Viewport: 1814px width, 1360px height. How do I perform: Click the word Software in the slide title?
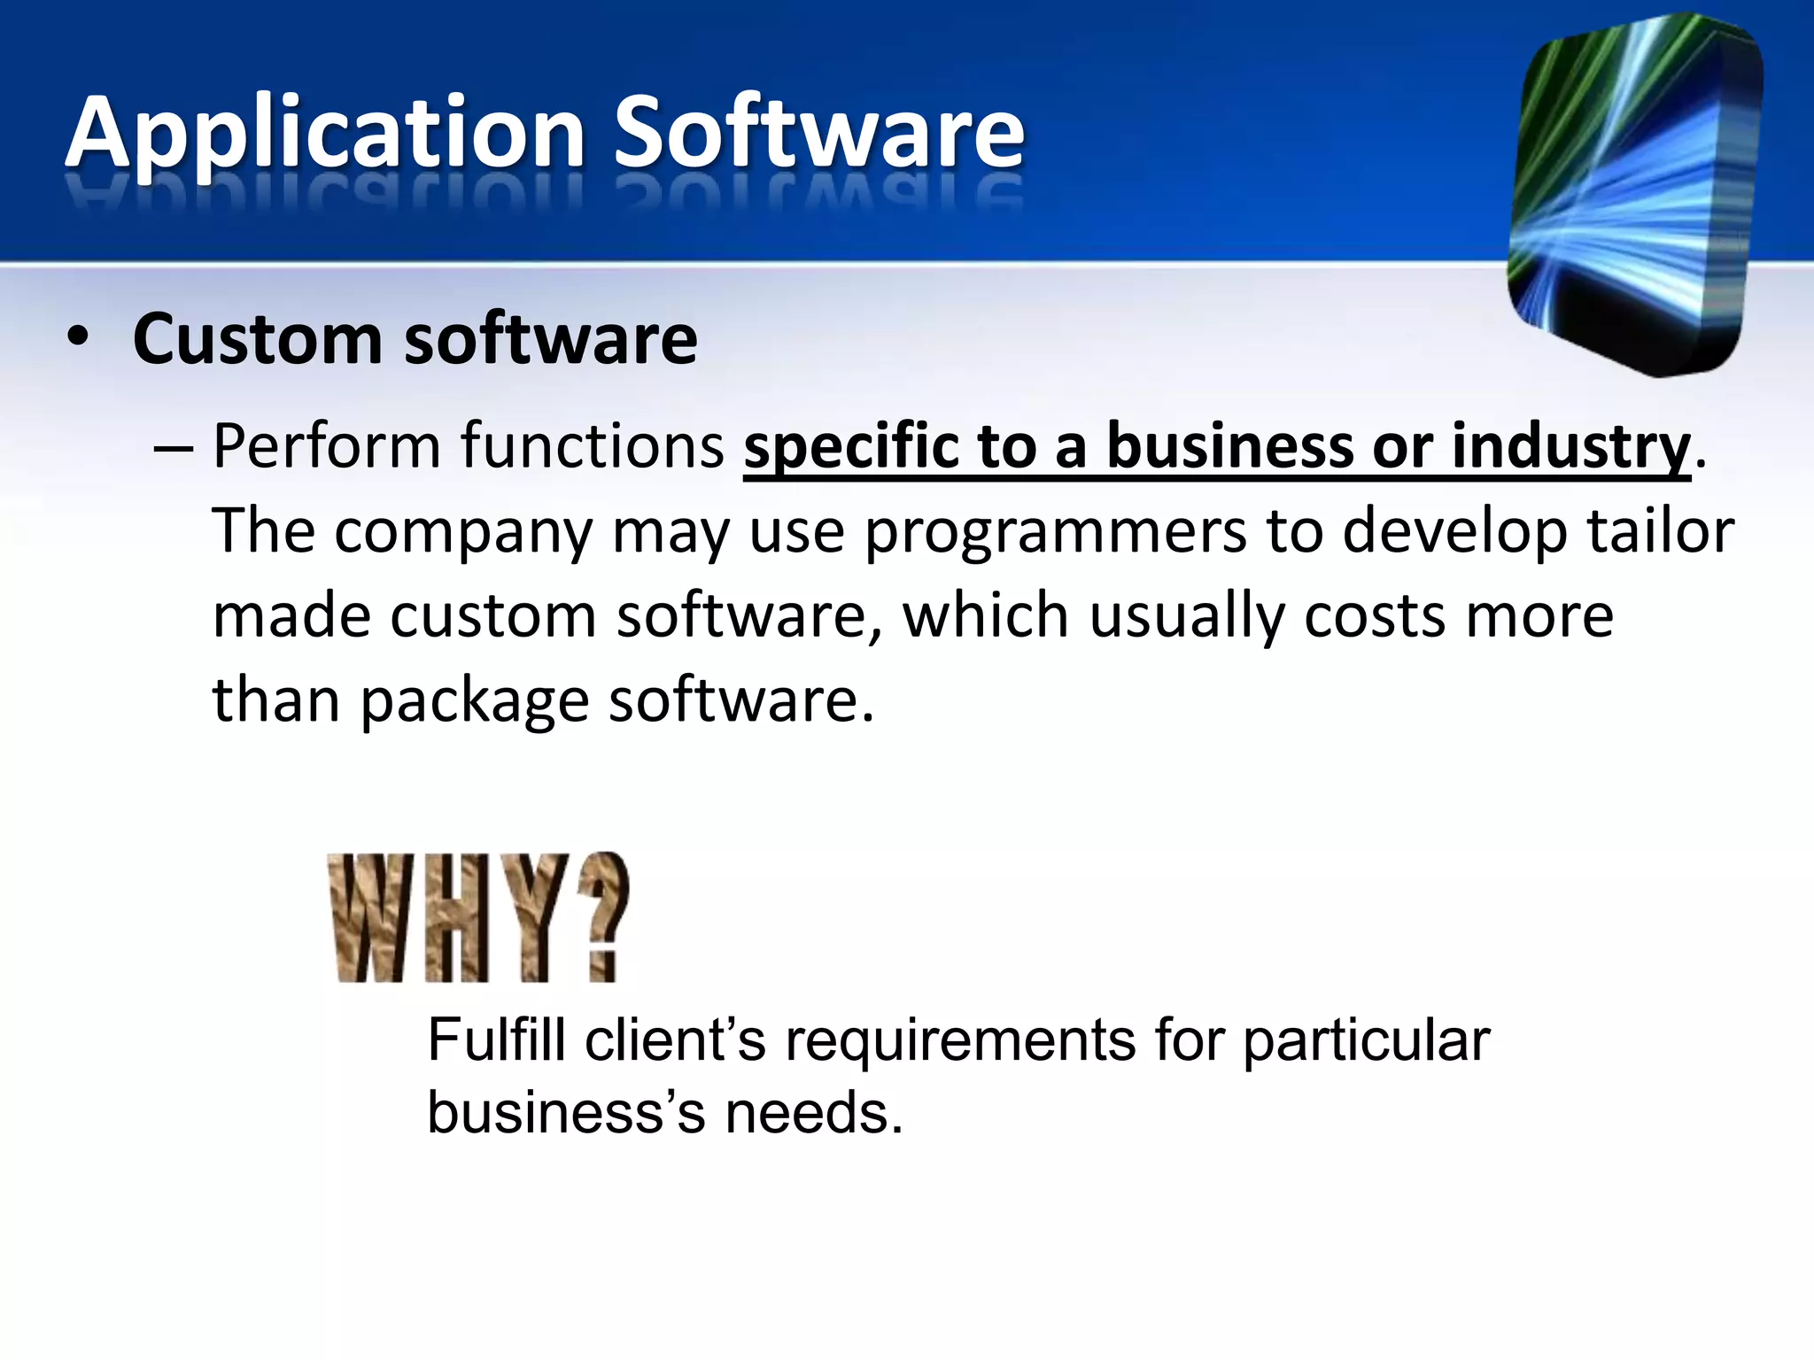click(x=818, y=133)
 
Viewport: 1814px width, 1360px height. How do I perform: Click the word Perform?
click(x=326, y=446)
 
